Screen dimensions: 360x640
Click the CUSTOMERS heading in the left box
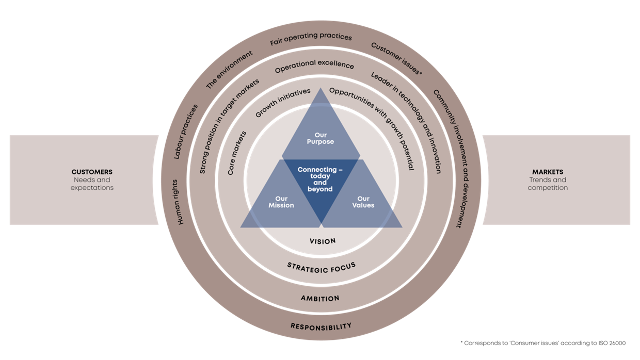(92, 172)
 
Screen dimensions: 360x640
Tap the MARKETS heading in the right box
(548, 172)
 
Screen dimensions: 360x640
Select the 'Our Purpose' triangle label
(321, 138)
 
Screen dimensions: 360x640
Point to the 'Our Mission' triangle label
(281, 202)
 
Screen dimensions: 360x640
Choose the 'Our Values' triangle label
(363, 202)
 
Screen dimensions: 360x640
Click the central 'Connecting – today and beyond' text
(320, 179)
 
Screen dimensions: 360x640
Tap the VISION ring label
(323, 241)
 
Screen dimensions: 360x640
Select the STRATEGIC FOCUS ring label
(322, 267)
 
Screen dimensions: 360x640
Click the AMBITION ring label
(320, 298)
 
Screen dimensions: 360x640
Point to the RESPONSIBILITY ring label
(321, 326)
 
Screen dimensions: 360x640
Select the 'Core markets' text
(237, 153)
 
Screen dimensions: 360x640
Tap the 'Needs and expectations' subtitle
(92, 184)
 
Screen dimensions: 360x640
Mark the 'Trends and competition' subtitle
(548, 184)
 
